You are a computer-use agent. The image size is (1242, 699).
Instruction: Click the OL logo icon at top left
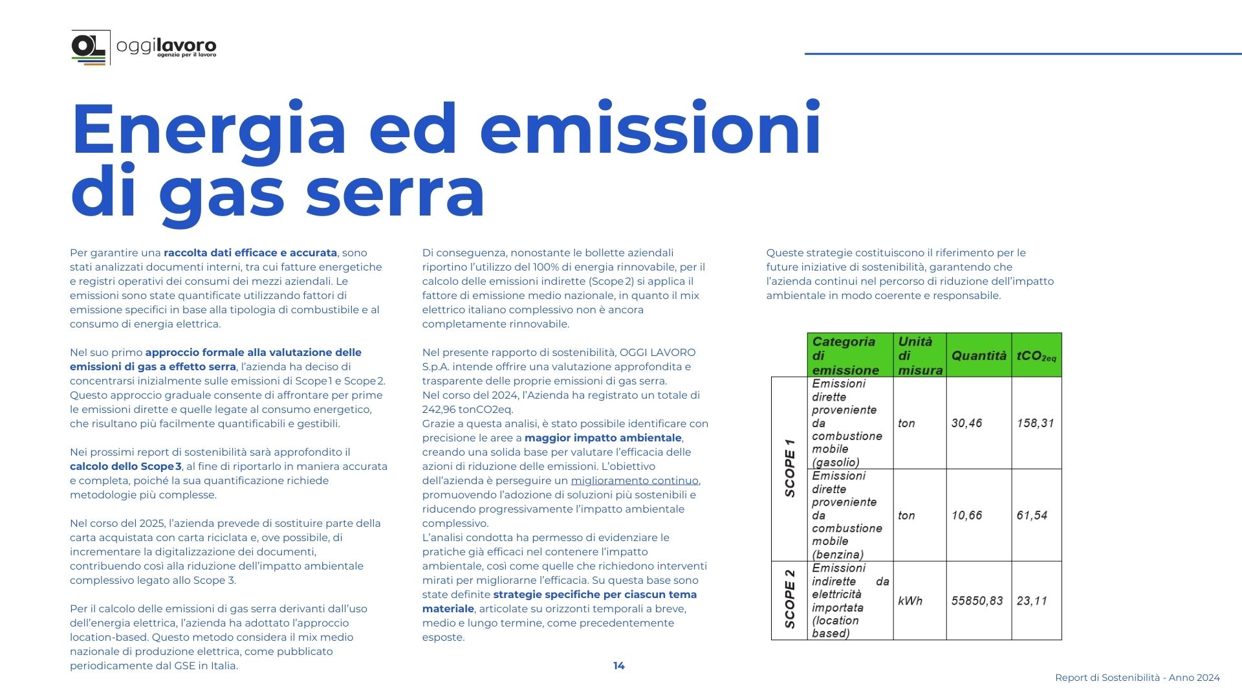89,47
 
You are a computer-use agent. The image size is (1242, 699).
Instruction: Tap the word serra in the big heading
395,192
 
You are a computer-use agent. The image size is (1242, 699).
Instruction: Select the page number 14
618,666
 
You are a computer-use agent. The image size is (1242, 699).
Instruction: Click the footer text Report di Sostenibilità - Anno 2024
1137,678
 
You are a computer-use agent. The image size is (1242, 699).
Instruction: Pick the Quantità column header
978,355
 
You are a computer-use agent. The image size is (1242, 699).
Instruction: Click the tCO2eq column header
1036,355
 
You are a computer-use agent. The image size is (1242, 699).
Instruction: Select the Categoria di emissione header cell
849,355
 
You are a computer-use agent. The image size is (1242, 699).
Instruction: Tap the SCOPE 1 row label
789,468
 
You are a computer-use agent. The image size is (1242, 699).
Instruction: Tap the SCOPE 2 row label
789,599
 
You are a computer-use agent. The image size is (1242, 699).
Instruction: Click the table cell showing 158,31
1035,423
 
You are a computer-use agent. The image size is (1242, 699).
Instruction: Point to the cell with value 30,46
966,423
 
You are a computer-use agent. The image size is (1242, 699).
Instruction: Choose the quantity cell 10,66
966,515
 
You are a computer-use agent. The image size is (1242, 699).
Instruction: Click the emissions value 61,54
1032,515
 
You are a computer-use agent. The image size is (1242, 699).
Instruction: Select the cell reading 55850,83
977,601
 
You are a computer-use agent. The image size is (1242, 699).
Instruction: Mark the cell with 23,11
1032,601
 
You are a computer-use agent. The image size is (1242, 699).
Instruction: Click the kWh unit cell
910,601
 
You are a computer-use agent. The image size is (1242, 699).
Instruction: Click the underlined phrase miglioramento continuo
634,481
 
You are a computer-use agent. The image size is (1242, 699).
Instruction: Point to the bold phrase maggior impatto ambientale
603,438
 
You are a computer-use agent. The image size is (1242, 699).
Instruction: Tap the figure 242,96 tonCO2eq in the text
467,410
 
